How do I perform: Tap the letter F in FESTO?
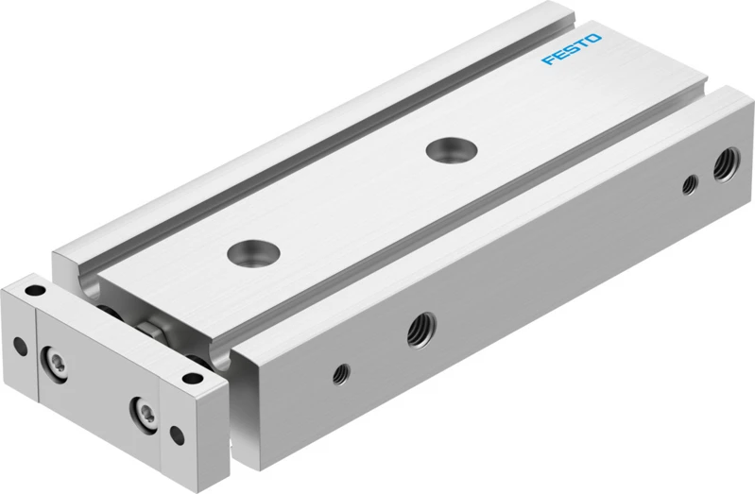(x=548, y=60)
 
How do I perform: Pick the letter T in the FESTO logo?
(x=582, y=43)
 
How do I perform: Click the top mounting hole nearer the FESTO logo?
(x=451, y=149)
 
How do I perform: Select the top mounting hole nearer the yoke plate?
(x=254, y=253)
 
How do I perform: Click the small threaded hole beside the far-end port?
(x=690, y=185)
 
